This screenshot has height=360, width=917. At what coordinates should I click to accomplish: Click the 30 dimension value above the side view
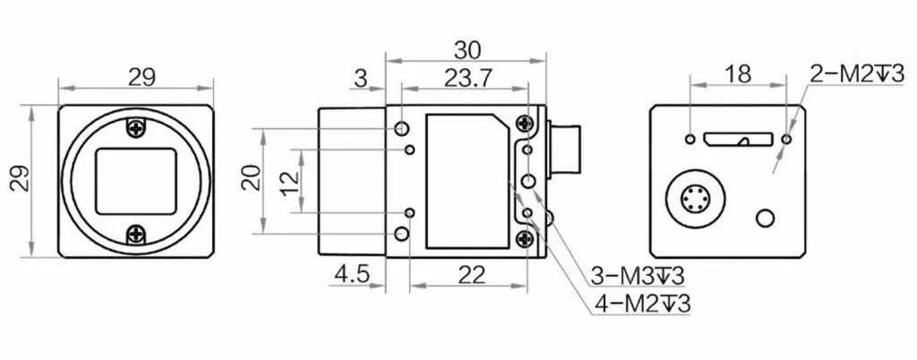pyautogui.click(x=467, y=50)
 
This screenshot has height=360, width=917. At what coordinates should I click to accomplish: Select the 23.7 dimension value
pyautogui.click(x=467, y=78)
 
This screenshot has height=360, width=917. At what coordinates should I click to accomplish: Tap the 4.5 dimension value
pyautogui.click(x=352, y=274)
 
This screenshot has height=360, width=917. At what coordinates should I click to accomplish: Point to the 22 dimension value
pyautogui.click(x=472, y=274)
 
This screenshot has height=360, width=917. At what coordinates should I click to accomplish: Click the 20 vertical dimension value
pyautogui.click(x=252, y=177)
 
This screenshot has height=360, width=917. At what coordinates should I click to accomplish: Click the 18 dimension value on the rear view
pyautogui.click(x=738, y=75)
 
